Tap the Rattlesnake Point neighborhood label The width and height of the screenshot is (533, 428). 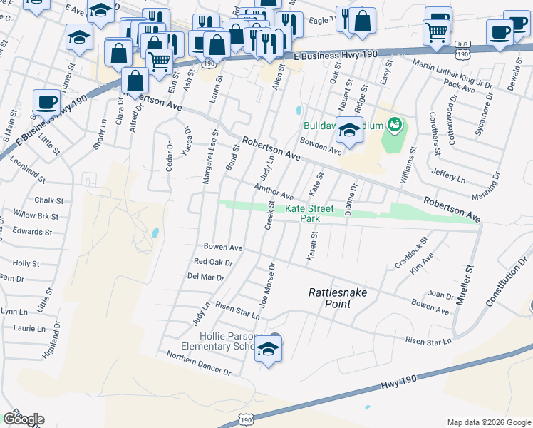331,297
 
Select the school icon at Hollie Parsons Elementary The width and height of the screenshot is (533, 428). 268,350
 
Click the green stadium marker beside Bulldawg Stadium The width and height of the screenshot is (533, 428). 394,127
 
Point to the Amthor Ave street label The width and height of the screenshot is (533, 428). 274,191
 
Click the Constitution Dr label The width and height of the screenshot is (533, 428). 507,283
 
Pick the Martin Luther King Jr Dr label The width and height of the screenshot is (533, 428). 454,75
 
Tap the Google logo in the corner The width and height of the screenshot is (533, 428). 24,419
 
